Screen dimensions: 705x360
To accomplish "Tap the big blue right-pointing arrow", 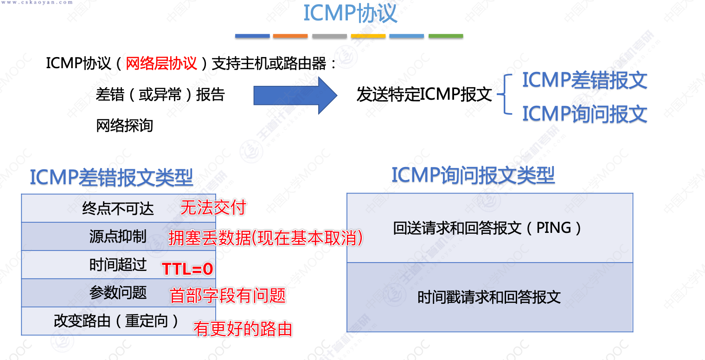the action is [x=295, y=95].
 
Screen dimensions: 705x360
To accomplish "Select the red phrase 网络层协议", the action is [x=161, y=64].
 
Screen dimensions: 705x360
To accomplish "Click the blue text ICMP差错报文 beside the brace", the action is [x=584, y=80].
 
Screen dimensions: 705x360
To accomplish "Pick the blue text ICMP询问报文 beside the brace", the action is [x=584, y=114].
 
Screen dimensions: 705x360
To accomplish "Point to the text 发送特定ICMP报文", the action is [x=424, y=95].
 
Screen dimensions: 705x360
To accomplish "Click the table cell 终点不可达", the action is [x=118, y=209].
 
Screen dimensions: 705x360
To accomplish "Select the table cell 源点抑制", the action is [x=118, y=237].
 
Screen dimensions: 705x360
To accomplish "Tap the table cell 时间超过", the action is [x=118, y=264].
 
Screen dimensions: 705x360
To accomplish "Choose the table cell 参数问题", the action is [x=118, y=293].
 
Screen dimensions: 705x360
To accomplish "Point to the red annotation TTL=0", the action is [x=187, y=269].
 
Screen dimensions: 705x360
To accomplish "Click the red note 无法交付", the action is [x=213, y=207].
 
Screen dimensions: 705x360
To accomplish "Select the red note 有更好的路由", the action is [x=243, y=329].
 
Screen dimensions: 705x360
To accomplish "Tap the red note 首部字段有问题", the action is [x=228, y=296].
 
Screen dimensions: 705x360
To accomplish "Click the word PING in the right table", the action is [x=553, y=228].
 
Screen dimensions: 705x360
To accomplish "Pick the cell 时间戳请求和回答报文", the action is [x=489, y=297].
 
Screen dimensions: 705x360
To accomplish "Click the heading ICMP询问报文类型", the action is [x=473, y=175].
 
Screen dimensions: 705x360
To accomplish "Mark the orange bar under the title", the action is [x=290, y=36].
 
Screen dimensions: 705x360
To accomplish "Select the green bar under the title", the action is [x=445, y=36].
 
